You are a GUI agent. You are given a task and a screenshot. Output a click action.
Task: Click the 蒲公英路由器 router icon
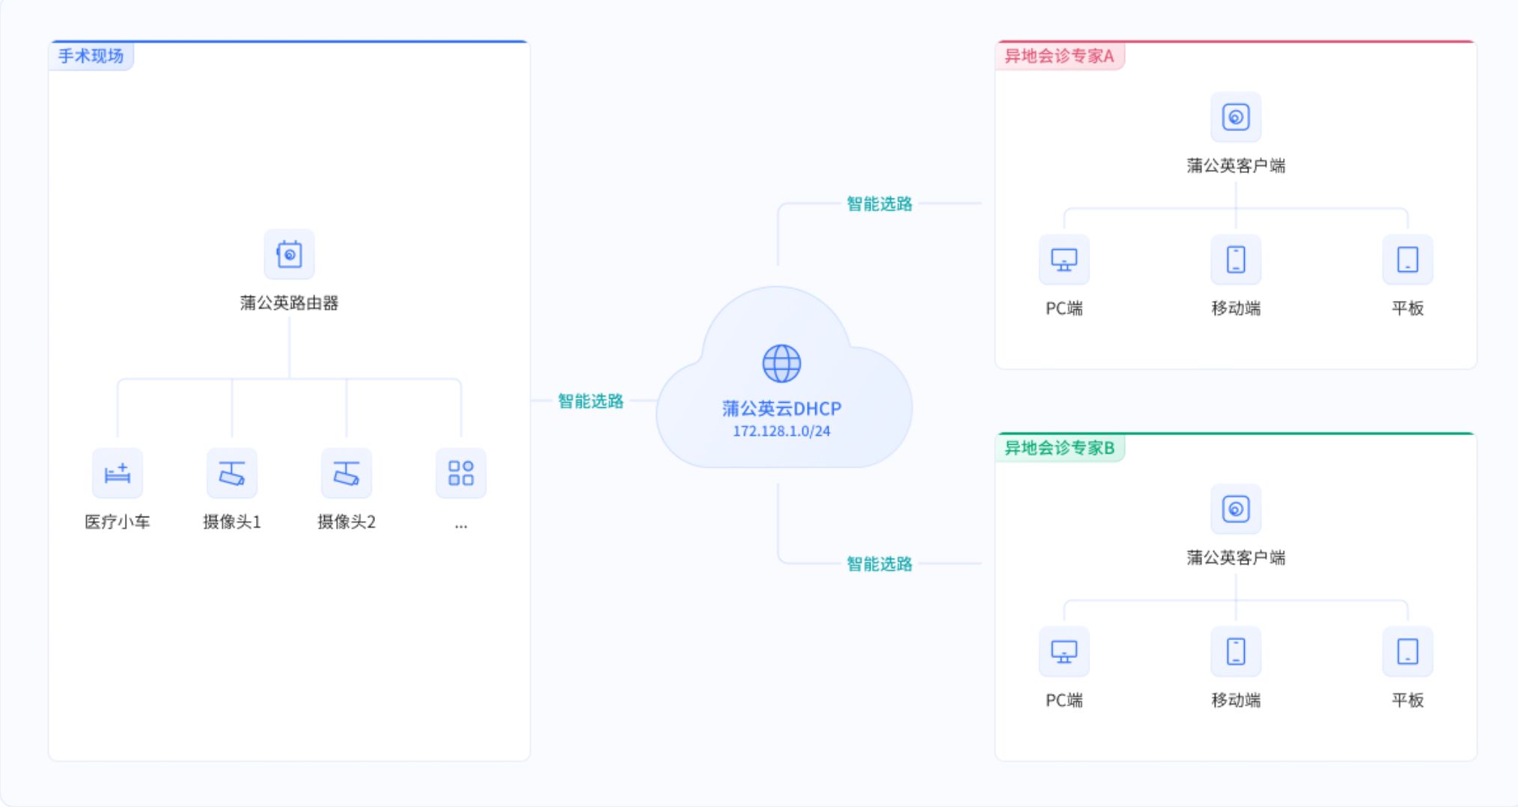(289, 255)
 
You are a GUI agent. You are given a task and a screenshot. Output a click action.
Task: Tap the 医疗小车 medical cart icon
(118, 473)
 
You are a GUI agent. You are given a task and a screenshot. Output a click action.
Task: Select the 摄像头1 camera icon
(232, 473)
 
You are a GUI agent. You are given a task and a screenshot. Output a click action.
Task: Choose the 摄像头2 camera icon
(347, 473)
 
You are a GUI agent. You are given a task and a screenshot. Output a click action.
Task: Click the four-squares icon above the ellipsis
(461, 473)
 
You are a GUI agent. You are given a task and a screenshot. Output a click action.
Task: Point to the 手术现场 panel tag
(91, 56)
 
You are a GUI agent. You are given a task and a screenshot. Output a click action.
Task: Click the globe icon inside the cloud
(781, 364)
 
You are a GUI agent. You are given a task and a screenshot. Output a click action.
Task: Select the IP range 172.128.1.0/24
(781, 431)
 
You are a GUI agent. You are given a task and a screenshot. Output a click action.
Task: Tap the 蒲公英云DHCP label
(781, 409)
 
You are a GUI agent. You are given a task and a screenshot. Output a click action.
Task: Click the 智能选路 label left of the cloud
(591, 401)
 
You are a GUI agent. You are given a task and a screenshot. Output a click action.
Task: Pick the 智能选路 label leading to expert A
(880, 204)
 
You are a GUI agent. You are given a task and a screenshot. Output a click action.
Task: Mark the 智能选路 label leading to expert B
(880, 564)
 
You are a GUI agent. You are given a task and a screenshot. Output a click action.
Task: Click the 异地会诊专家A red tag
(1059, 56)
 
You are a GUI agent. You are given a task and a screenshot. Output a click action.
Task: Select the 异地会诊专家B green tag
(1059, 448)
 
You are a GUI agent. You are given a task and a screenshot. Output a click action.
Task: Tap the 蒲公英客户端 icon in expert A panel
(1236, 118)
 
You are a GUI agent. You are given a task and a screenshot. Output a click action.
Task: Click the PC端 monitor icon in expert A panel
(1064, 260)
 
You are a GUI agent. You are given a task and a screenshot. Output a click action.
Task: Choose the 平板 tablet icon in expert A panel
(1407, 260)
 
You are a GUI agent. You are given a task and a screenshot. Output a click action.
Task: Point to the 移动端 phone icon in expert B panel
(1236, 651)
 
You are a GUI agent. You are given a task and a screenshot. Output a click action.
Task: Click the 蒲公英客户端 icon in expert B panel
(1236, 509)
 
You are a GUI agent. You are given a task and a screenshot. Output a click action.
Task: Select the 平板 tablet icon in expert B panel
(1407, 651)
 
